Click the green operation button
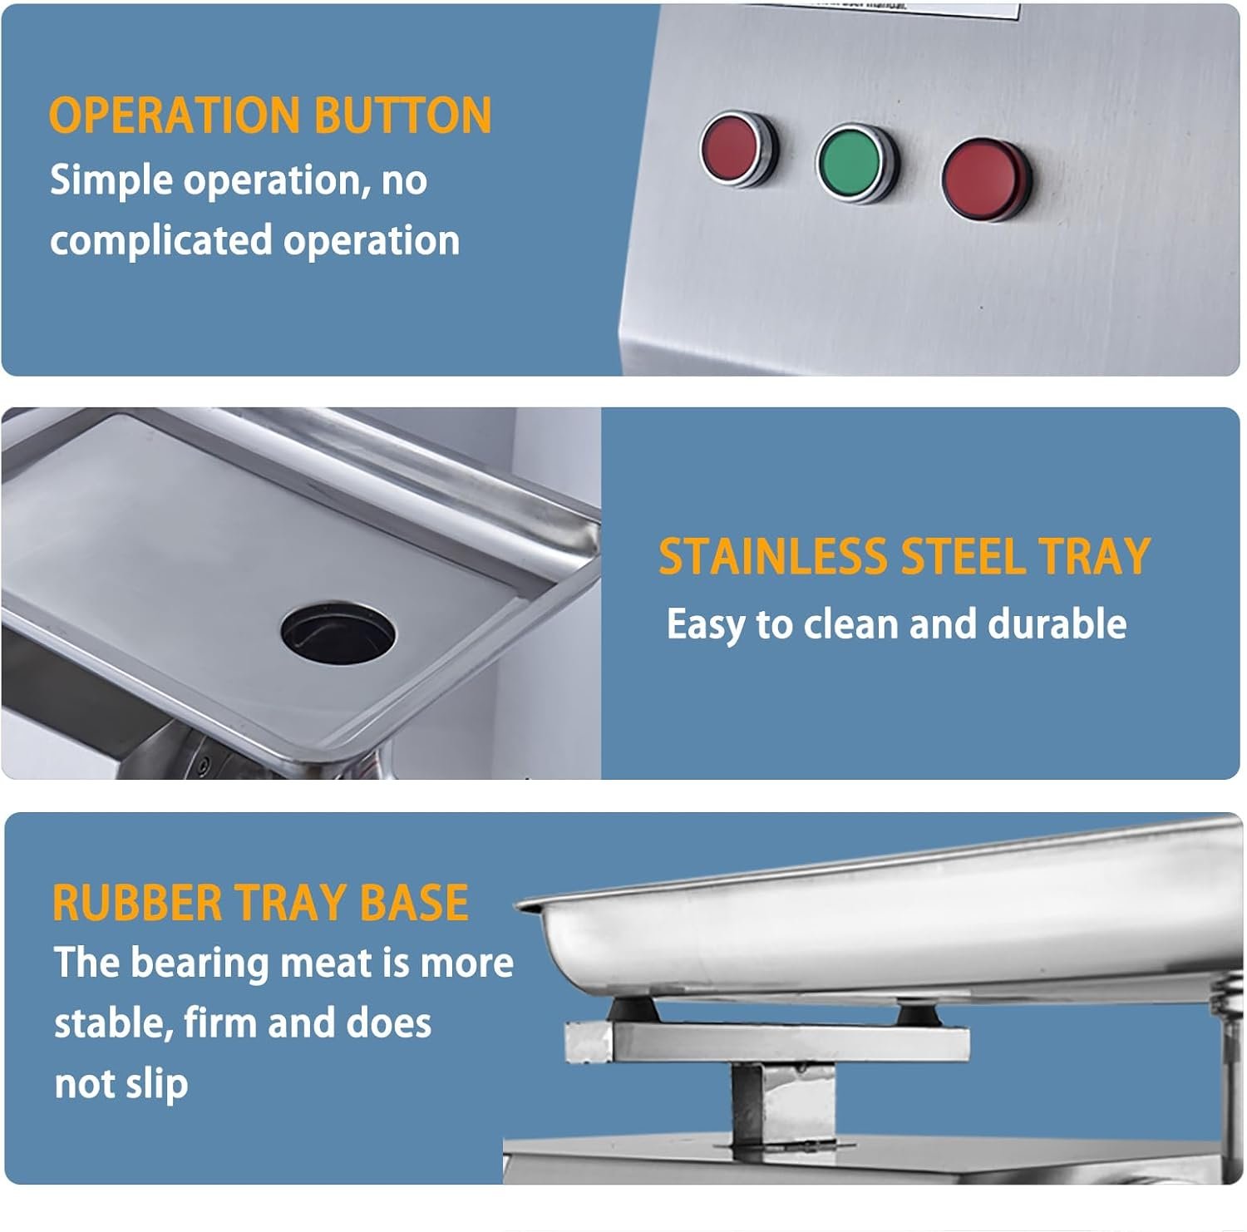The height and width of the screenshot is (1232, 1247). point(857,163)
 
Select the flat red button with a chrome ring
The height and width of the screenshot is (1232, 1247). point(739,150)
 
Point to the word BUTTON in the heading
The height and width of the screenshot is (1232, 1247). point(403,115)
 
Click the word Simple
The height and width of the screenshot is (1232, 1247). point(111,180)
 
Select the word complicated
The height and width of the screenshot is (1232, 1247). point(161,241)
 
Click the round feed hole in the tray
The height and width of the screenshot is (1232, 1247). point(338,632)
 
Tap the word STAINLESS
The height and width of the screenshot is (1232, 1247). point(773,556)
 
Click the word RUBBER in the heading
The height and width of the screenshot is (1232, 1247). point(137,903)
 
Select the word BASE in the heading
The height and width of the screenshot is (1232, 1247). point(414,903)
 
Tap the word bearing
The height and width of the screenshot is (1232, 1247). point(200,964)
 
